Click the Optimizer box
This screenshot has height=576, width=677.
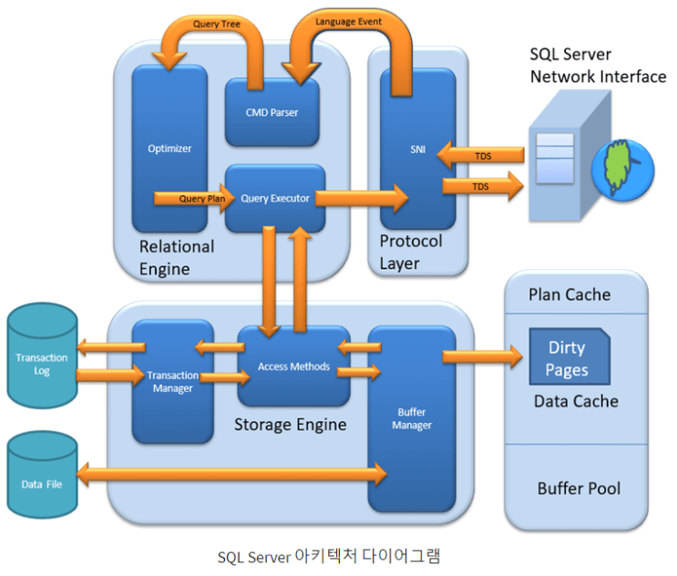click(169, 148)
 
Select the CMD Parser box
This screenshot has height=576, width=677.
click(272, 112)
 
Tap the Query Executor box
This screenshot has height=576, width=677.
click(275, 198)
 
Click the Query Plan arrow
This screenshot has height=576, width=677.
click(190, 198)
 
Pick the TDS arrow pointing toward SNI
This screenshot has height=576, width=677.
click(480, 156)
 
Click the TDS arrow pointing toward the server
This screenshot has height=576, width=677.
click(482, 186)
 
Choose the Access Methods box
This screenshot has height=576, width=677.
click(293, 366)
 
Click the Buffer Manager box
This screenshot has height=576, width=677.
click(412, 418)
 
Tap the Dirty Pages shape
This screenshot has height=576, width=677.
click(567, 359)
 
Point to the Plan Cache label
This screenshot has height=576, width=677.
click(569, 294)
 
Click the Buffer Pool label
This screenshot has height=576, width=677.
click(579, 489)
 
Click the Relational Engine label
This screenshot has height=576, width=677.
click(177, 257)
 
